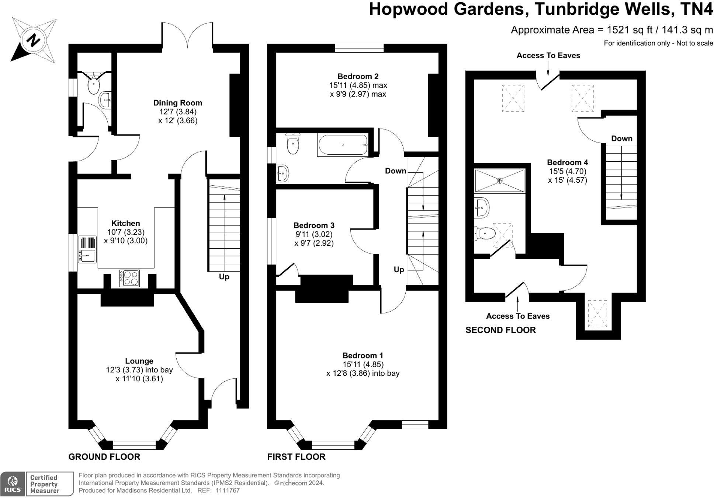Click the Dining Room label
177,103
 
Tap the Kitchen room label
125,223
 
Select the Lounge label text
139,361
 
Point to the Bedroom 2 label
358,77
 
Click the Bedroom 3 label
314,225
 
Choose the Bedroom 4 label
567,162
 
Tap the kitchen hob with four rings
129,278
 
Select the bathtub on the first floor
343,145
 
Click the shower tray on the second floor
499,180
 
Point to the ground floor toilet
94,86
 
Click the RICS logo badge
13,484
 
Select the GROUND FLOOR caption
104,457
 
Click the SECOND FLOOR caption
500,330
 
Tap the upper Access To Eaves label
548,56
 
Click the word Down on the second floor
621,138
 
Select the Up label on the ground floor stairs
224,277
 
